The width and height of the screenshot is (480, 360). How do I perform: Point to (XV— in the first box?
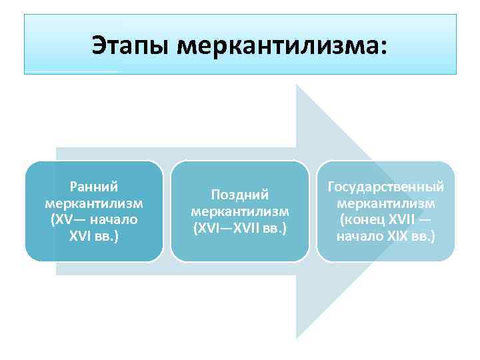click(x=66, y=219)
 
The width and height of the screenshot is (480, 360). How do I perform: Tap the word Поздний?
click(x=239, y=195)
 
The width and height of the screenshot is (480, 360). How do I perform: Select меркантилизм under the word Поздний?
click(x=239, y=211)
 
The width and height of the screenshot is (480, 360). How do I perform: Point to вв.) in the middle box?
click(x=275, y=227)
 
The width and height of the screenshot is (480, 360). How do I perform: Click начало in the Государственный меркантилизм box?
click(x=360, y=236)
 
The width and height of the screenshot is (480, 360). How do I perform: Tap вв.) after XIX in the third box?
click(x=423, y=236)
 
